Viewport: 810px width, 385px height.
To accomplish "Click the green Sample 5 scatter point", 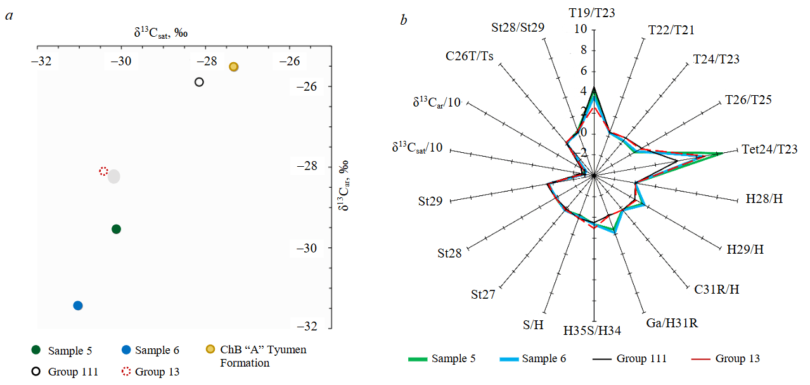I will click(116, 229).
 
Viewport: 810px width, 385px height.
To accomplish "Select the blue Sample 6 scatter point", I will click(78, 306).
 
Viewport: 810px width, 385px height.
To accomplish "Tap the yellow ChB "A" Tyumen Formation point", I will click(233, 67).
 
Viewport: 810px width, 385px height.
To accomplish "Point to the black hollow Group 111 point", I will click(199, 82).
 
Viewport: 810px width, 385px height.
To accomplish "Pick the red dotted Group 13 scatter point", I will click(104, 171).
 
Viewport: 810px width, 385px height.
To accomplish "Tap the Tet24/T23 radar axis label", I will click(769, 149).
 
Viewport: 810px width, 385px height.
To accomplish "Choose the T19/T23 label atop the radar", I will click(592, 12).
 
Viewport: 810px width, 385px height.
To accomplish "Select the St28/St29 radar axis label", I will click(518, 28).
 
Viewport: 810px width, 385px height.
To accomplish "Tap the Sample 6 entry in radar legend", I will click(544, 359).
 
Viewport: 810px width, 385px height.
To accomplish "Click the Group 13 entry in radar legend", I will click(737, 359).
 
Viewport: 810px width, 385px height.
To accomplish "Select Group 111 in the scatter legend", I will click(73, 372).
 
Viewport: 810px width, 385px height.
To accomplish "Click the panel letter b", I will click(403, 20).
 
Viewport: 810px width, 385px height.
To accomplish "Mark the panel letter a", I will click(9, 16).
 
